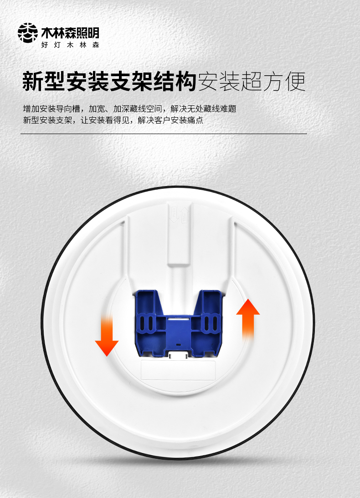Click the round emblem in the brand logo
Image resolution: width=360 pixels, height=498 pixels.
pos(28,33)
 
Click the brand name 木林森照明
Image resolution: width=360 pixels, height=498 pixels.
pos(70,33)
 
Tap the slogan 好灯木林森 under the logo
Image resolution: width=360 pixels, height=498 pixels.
pos(70,45)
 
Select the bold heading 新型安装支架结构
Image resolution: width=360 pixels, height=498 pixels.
pos(109,81)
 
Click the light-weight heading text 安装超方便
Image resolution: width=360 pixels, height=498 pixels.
pos(252,81)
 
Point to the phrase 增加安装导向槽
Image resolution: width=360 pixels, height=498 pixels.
pos(51,109)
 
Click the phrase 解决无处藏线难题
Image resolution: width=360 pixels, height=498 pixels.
pos(204,109)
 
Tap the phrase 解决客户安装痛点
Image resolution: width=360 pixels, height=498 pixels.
pos(170,120)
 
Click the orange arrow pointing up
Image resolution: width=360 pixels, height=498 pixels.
pos(248,320)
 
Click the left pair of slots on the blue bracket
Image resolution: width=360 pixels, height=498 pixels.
pos(146,323)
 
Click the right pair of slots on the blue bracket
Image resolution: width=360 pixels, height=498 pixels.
pos(211,323)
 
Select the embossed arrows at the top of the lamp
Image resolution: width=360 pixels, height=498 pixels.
pos(179,214)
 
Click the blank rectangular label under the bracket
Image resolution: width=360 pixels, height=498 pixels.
pos(178,369)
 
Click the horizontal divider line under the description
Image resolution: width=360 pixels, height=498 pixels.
pos(164,134)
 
